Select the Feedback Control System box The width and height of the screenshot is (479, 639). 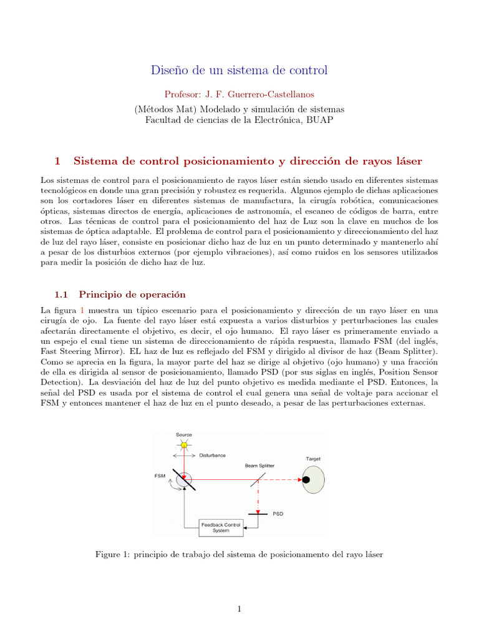(220, 528)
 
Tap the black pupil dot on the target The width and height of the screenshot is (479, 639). (306, 479)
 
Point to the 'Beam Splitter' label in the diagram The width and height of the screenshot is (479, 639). (259, 465)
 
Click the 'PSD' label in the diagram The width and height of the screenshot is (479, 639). (278, 514)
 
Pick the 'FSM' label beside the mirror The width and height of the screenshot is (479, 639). (160, 476)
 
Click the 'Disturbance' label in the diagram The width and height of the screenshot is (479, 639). (213, 455)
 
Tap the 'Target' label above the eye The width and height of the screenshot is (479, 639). (313, 459)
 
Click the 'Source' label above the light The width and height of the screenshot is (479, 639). (183, 434)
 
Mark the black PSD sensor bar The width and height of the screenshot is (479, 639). (257, 514)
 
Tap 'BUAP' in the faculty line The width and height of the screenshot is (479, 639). (320, 120)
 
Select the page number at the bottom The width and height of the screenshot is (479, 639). (239, 609)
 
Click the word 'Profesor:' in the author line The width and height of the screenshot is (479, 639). (182, 94)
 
